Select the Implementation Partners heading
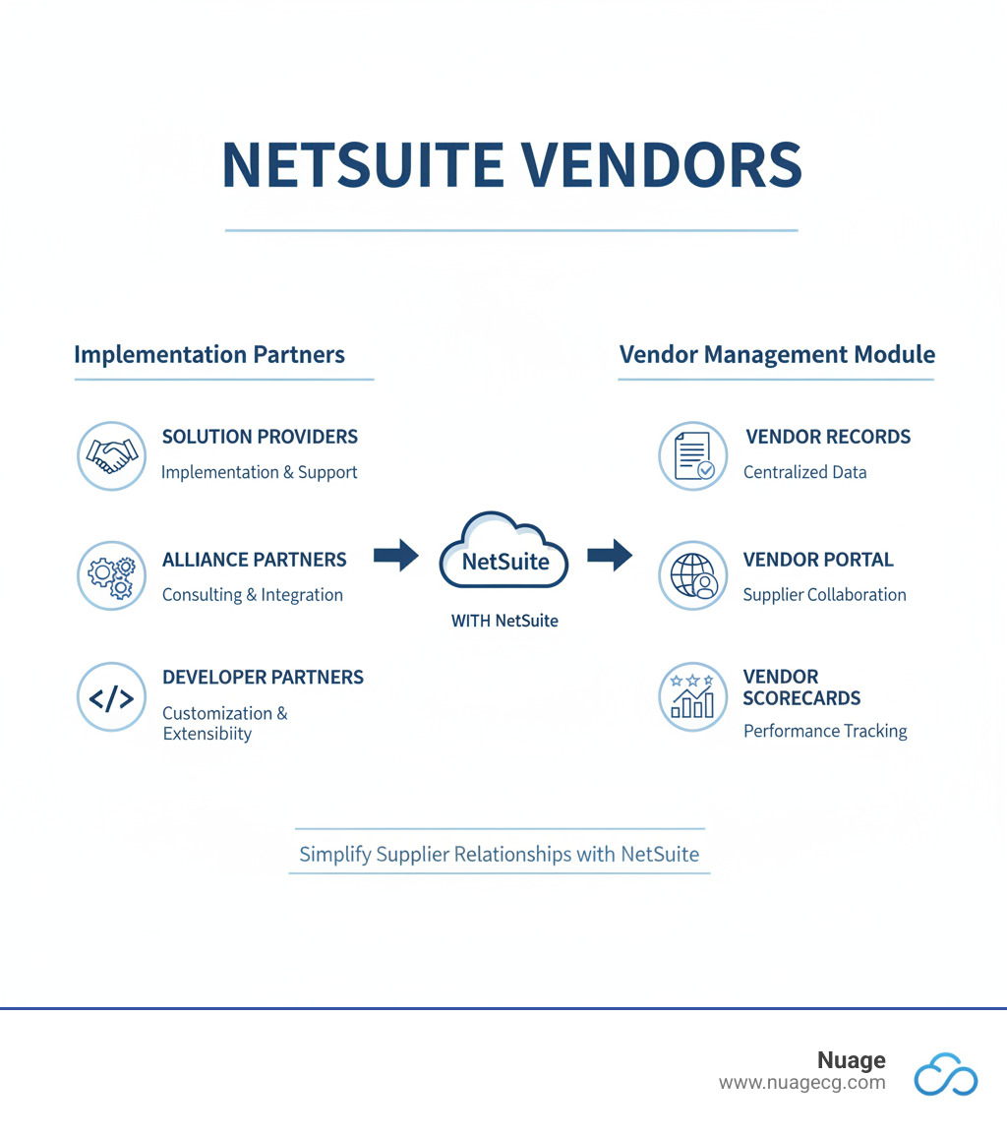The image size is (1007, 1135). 209,354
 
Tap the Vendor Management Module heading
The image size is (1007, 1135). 777,354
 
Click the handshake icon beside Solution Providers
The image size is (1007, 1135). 111,454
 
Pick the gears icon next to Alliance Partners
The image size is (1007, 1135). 111,575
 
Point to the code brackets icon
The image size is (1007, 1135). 111,697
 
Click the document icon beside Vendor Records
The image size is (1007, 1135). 692,455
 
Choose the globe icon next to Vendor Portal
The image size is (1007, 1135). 692,575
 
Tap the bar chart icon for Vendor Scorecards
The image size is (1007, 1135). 692,696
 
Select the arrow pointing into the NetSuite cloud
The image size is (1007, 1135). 395,555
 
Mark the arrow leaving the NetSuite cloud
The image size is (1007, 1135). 610,555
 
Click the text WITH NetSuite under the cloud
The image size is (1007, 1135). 504,621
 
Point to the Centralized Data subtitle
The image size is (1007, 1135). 804,472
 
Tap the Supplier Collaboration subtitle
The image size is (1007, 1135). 824,594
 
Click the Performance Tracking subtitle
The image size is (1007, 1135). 825,731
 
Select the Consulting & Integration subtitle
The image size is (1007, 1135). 253,594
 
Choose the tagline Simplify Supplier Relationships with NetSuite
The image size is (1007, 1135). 500,854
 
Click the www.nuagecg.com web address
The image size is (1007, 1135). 801,1083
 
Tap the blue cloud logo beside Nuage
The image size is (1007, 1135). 945,1074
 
